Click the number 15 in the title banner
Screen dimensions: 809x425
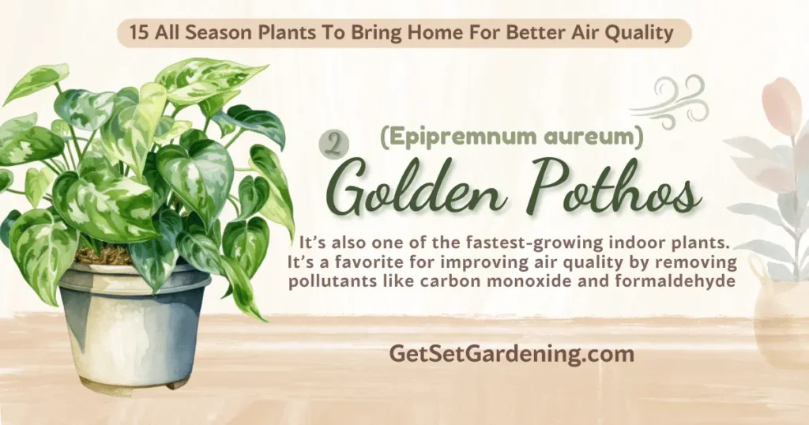pos(139,33)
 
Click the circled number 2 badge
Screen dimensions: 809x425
pos(334,145)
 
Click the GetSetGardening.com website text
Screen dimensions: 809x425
pos(511,354)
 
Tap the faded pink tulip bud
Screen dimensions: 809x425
pos(781,106)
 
